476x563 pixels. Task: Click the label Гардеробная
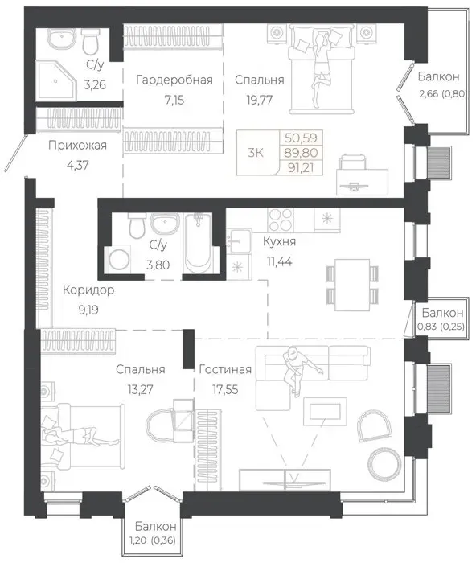(174, 80)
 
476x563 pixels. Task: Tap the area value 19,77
(259, 100)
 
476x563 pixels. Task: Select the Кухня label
(279, 241)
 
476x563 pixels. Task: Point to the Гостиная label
(225, 369)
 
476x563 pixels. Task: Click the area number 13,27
(140, 389)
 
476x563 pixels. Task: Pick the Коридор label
(88, 290)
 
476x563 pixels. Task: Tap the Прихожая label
(77, 146)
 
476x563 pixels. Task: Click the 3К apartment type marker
(255, 153)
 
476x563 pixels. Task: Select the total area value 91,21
(301, 167)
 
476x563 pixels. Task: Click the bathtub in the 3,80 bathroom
(198, 245)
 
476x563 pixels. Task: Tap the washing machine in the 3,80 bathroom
(117, 259)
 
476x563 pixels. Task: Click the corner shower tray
(56, 80)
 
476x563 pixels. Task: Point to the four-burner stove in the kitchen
(281, 220)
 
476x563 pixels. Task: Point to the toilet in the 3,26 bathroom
(91, 40)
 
